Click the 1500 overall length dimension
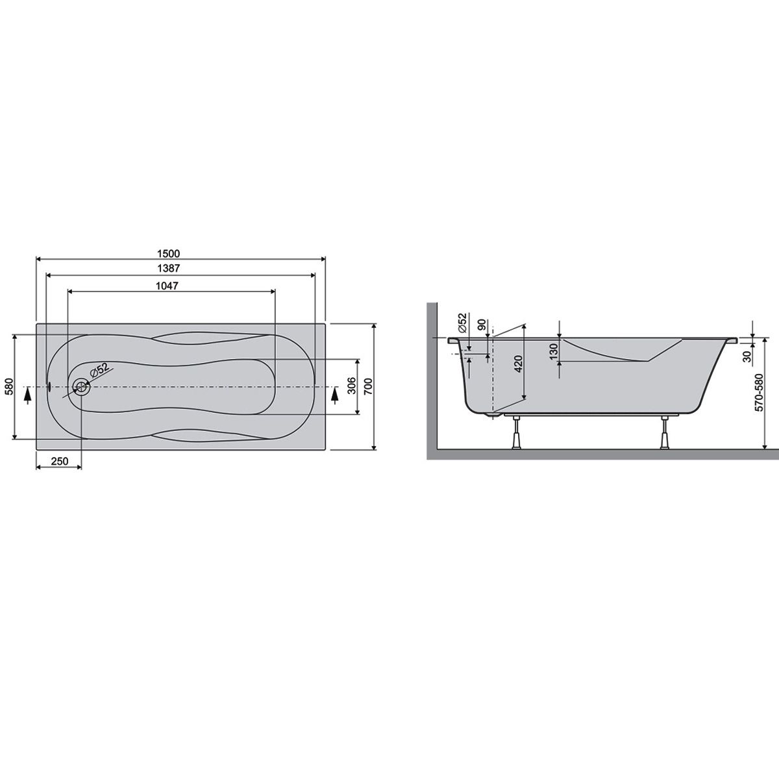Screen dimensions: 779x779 click(x=169, y=253)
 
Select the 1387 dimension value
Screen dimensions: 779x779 click(x=169, y=268)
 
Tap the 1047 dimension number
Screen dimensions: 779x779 click(x=167, y=286)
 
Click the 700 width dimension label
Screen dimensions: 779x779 click(x=367, y=386)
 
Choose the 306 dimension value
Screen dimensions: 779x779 click(x=352, y=386)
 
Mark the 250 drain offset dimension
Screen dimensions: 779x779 click(x=60, y=462)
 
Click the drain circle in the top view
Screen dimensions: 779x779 click(x=82, y=387)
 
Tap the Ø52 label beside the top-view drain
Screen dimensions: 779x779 click(x=99, y=370)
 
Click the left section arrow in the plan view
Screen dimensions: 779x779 click(x=27, y=395)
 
